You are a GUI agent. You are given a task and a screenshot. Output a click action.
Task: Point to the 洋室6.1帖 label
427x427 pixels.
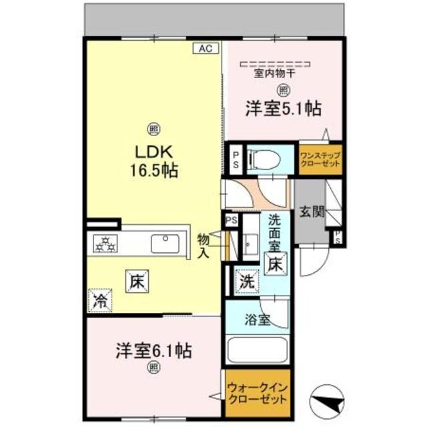pyautogui.click(x=153, y=350)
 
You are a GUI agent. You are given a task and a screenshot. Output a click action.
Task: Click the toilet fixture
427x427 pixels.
pyautogui.click(x=265, y=159)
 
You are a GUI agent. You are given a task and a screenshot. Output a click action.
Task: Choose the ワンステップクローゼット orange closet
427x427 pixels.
pyautogui.click(x=320, y=160)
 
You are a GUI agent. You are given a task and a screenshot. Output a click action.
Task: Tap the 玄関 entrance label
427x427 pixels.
pyautogui.click(x=312, y=213)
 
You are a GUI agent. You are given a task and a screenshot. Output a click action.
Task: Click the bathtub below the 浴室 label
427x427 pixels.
pyautogui.click(x=258, y=351)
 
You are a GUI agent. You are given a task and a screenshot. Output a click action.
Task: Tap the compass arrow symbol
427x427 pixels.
pyautogui.click(x=328, y=402)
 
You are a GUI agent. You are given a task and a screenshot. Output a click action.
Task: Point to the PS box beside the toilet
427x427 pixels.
pyautogui.click(x=236, y=159)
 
